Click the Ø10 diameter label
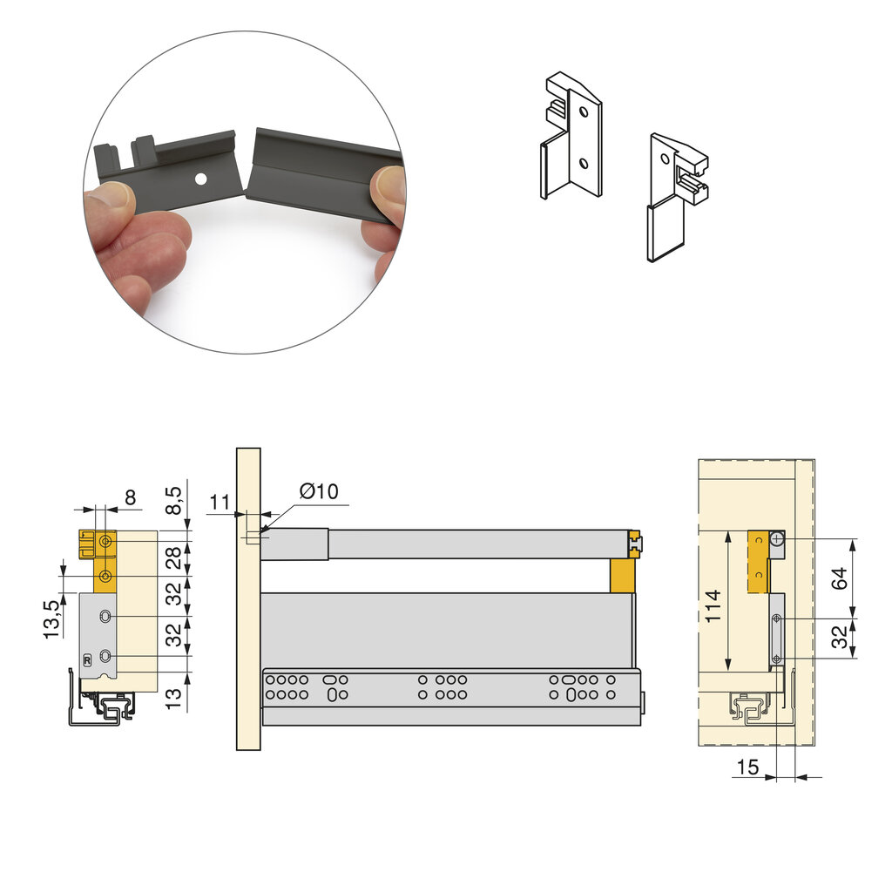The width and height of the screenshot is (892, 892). [319, 491]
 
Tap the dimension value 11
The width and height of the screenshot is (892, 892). [220, 503]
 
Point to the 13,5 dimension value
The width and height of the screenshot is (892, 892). [51, 619]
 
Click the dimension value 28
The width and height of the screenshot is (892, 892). [173, 557]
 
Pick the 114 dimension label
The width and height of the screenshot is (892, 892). [713, 606]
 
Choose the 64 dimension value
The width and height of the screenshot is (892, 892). [839, 578]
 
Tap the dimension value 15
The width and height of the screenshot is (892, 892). [747, 767]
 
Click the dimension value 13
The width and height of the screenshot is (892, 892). [173, 698]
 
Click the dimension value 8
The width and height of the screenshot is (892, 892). [131, 497]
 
